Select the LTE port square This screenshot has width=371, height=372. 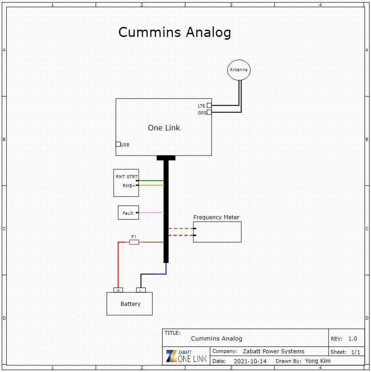pos(209,106)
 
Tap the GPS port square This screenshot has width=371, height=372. pos(209,113)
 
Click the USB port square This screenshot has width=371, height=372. pos(118,144)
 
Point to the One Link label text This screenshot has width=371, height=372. pos(164,128)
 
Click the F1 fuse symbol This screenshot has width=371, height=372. pos(134,242)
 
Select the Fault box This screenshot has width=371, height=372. pos(129,206)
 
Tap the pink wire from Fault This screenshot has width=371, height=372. pos(151,212)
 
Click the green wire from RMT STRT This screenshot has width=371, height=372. pos(151,181)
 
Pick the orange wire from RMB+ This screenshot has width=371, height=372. pos(151,185)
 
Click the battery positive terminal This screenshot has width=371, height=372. pos(118,290)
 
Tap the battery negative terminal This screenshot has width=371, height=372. pos(141,290)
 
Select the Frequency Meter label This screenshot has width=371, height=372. pos(216,217)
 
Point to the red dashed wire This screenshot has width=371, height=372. pos(181,235)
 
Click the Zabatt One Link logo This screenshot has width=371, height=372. pos(186,356)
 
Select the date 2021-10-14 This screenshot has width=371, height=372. pos(250,362)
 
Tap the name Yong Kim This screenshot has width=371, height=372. pos(318,361)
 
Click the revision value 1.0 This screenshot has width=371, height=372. pos(352,339)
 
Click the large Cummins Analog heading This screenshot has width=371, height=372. pos(175,32)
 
